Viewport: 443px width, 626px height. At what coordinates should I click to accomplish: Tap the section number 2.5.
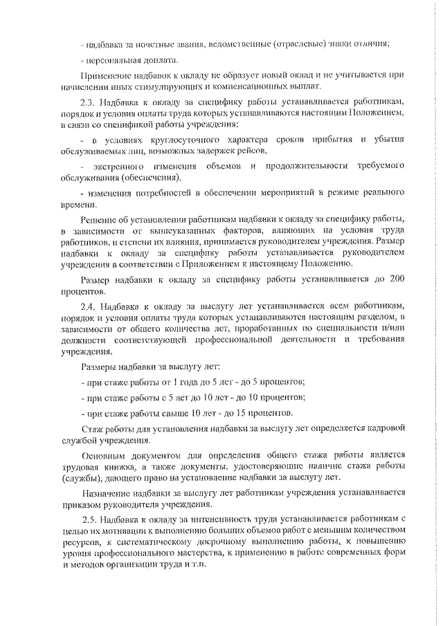click(x=89, y=519)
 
